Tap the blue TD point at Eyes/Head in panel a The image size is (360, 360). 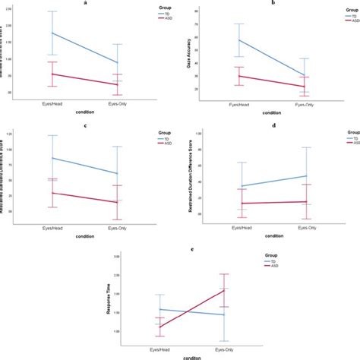(x=52, y=33)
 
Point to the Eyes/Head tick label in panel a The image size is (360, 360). (x=52, y=100)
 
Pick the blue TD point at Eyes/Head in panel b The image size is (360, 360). (x=239, y=40)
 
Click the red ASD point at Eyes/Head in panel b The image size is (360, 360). (x=239, y=76)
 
